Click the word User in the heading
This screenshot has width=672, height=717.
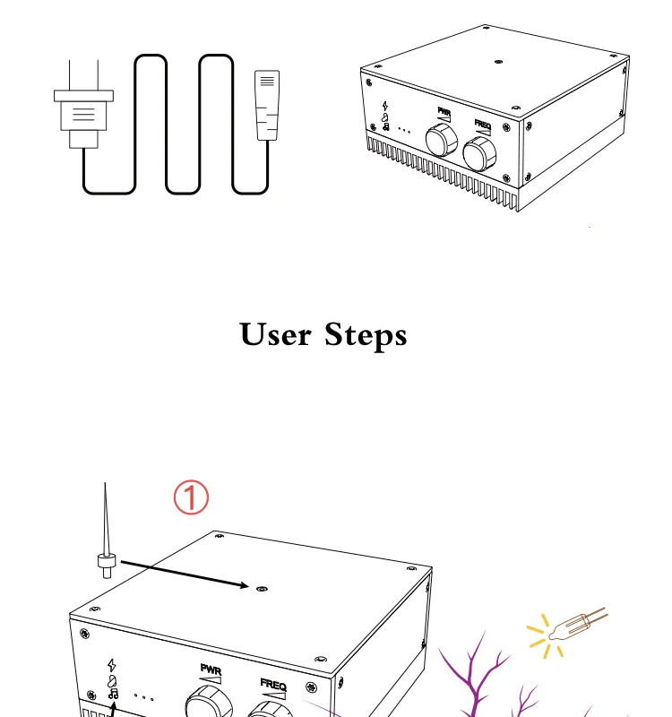[x=276, y=335]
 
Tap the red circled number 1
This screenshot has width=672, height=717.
[x=190, y=497]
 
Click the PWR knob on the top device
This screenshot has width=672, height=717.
[x=441, y=139]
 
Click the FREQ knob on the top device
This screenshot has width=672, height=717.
[x=480, y=154]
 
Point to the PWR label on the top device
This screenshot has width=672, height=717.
[x=444, y=112]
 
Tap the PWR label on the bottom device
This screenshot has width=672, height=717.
[x=211, y=669]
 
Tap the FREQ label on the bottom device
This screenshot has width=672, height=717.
[x=273, y=684]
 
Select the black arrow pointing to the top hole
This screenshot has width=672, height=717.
[x=184, y=574]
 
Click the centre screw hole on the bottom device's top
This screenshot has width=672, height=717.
[x=261, y=589]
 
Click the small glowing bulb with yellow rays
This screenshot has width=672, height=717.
[x=565, y=626]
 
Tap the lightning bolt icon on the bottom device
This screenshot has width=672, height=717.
[x=111, y=665]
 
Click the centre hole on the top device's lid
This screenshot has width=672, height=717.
[x=498, y=63]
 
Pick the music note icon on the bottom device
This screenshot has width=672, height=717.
[x=112, y=693]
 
